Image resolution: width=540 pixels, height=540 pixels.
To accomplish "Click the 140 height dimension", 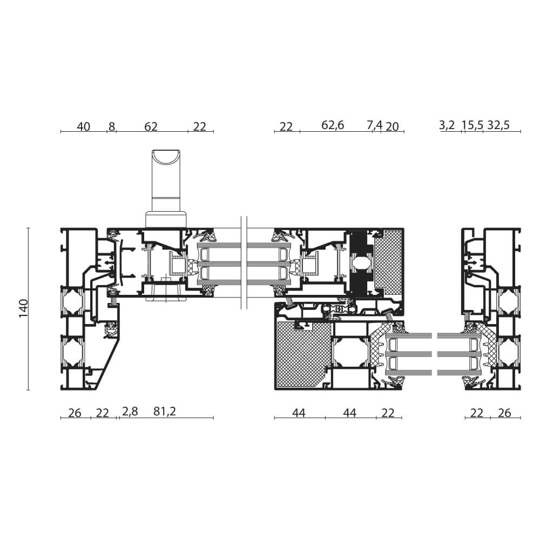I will pyautogui.click(x=23, y=308).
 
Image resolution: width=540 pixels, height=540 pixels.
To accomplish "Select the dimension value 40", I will pyautogui.click(x=83, y=127).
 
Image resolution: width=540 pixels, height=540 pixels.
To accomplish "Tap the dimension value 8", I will pyautogui.click(x=112, y=127).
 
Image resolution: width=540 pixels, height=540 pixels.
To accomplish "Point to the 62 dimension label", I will pyautogui.click(x=151, y=127).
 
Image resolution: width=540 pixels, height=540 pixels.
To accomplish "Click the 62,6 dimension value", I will pyautogui.click(x=333, y=126).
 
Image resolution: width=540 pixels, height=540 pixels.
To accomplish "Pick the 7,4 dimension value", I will pyautogui.click(x=375, y=126).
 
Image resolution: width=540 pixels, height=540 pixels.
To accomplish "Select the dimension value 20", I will pyautogui.click(x=393, y=127).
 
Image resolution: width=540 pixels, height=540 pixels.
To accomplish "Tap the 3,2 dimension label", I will pyautogui.click(x=447, y=126).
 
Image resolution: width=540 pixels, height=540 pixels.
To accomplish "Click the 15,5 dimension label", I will pyautogui.click(x=472, y=126).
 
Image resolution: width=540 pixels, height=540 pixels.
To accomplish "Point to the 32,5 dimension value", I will pyautogui.click(x=498, y=126).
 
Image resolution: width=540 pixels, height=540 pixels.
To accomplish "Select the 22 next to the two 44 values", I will pyautogui.click(x=388, y=413).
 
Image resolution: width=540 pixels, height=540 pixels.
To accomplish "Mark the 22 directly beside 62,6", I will pyautogui.click(x=286, y=127).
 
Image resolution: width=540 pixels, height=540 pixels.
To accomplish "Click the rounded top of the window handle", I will pyautogui.click(x=167, y=159).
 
